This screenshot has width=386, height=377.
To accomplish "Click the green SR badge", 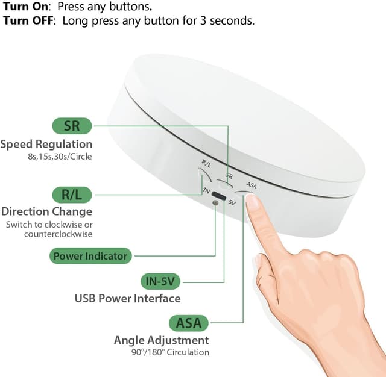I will click(x=72, y=126).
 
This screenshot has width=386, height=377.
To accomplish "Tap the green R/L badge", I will click(x=72, y=195).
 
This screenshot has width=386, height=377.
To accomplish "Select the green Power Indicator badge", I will click(x=90, y=256).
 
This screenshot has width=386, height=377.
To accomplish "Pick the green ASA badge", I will click(x=189, y=323).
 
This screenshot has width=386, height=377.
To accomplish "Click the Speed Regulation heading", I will click(x=46, y=145).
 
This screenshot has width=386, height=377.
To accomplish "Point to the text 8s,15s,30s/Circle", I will click(x=60, y=157).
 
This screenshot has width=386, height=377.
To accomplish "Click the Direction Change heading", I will click(x=46, y=212).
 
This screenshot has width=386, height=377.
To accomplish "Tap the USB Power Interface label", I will click(x=127, y=299).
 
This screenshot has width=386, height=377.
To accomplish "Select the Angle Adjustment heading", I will click(x=162, y=340).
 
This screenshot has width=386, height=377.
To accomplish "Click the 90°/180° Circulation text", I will click(x=170, y=352).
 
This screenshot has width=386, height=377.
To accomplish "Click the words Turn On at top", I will click(x=26, y=7).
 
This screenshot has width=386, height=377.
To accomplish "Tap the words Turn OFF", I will click(x=29, y=21).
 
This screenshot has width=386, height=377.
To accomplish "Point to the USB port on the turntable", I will click(x=218, y=196).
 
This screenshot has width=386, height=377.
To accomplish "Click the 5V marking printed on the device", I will click(x=232, y=202).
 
